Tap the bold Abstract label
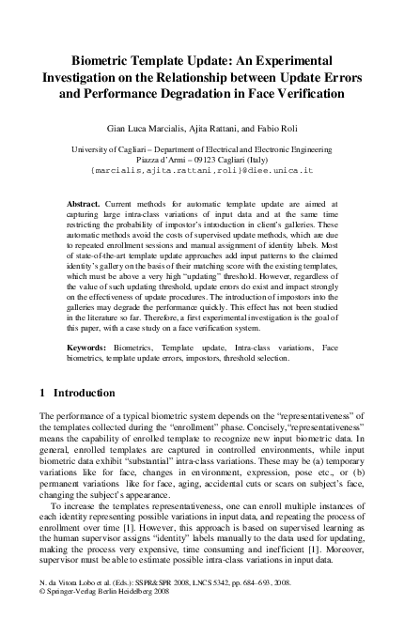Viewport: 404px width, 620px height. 85,202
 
